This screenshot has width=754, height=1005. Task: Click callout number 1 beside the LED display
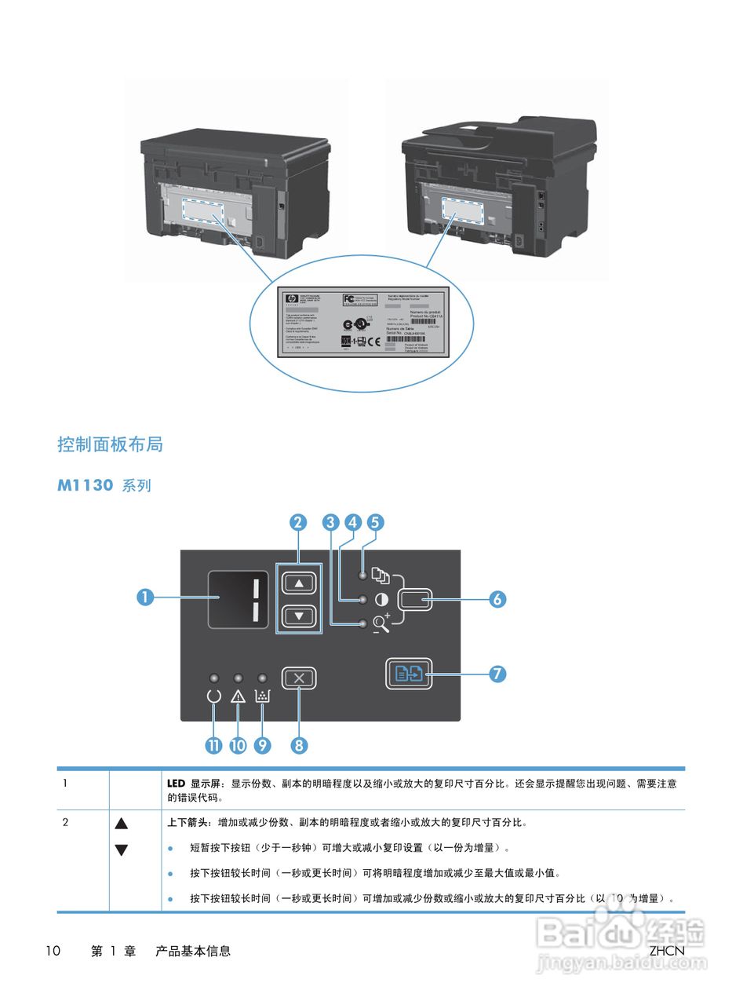(144, 598)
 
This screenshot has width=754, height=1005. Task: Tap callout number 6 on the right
(497, 599)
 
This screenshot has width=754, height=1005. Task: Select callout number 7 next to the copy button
(497, 674)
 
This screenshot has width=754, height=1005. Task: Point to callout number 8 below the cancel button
(298, 745)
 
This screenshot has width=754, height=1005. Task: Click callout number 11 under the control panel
(213, 745)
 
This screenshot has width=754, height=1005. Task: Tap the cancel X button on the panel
(299, 678)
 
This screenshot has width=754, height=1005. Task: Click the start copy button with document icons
(409, 674)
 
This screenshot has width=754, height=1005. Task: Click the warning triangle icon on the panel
(239, 696)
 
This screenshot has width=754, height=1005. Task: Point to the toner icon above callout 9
(263, 696)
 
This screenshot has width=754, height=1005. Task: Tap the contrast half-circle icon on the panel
(382, 600)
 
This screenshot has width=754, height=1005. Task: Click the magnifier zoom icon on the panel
(381, 623)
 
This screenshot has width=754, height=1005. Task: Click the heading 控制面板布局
(110, 444)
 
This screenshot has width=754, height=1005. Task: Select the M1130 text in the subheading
(86, 485)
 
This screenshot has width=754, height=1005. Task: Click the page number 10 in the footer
(53, 951)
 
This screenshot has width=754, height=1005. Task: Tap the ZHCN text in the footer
(667, 951)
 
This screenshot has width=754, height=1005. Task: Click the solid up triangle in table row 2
(121, 824)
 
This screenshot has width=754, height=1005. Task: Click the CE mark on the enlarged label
(373, 342)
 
